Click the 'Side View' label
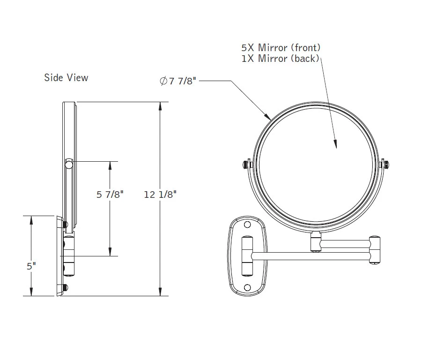point(66,77)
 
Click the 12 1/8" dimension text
point(160,194)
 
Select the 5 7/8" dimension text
point(110,194)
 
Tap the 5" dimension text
point(31,266)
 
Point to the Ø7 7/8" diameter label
point(178,81)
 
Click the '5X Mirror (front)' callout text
point(281,47)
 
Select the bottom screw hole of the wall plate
point(248,287)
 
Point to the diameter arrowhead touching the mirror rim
point(269,116)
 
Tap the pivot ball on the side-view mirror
point(69,164)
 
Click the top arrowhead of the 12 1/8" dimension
point(161,105)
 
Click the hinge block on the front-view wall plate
point(247,256)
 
